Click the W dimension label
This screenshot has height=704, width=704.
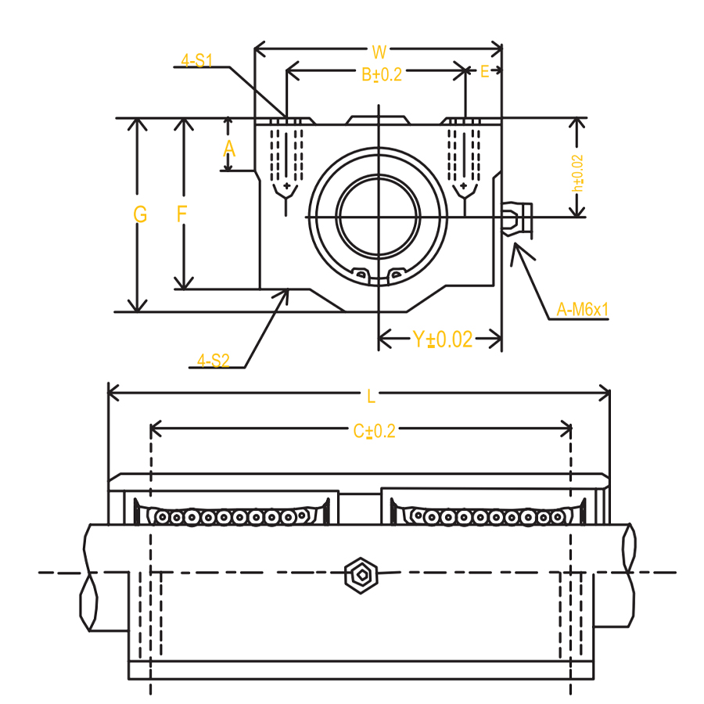click(379, 52)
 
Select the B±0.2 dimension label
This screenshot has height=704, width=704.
click(382, 74)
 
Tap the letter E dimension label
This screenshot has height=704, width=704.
click(484, 71)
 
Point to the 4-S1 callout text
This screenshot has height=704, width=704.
click(196, 60)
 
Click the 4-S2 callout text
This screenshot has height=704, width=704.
click(214, 361)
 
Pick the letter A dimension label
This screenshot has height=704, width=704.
click(229, 148)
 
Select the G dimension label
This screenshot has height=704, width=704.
click(140, 214)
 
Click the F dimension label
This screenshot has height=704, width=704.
click(181, 214)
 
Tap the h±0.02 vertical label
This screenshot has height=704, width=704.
click(577, 174)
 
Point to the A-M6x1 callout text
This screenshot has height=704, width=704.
click(582, 309)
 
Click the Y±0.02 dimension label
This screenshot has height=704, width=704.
click(443, 339)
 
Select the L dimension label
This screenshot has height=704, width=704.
click(371, 397)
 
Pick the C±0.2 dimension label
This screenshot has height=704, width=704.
click(375, 431)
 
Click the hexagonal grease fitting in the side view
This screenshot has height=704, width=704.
click(361, 575)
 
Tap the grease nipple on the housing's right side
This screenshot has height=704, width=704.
click(517, 219)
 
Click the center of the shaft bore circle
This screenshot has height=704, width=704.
click(379, 217)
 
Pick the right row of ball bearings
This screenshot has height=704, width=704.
click(487, 517)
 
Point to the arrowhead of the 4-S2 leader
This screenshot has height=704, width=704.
click(288, 289)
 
